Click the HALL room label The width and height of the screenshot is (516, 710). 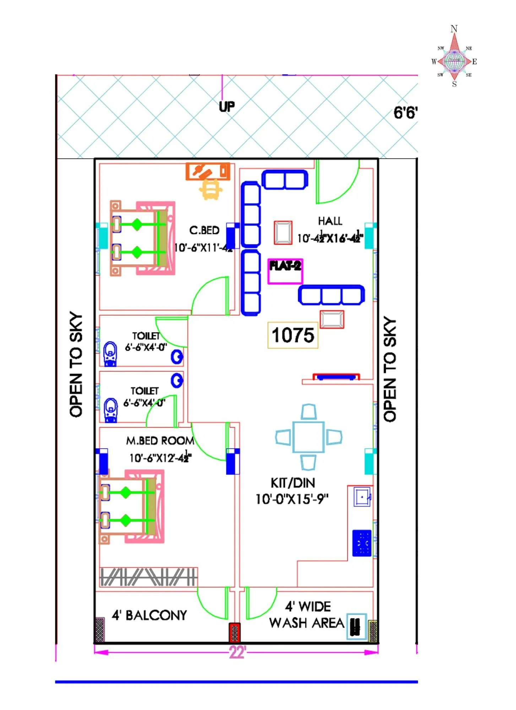tap(330, 221)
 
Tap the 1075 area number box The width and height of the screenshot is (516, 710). tap(293, 335)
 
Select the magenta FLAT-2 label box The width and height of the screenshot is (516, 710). tap(285, 271)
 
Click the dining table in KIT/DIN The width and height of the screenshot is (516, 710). tap(308, 437)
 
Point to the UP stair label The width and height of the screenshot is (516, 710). tap(227, 106)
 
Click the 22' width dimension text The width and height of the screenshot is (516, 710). tap(237, 652)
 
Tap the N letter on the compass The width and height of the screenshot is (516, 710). tap(454, 29)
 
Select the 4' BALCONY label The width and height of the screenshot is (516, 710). tap(149, 615)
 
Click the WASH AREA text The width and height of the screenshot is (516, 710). tap(306, 623)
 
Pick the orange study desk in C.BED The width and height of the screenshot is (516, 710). tap(208, 172)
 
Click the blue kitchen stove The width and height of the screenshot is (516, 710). tap(362, 543)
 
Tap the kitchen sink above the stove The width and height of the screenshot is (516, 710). tap(362, 497)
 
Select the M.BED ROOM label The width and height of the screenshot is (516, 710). tap(160, 441)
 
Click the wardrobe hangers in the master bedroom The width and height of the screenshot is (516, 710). tap(148, 577)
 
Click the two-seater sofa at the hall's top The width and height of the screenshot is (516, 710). tap(284, 180)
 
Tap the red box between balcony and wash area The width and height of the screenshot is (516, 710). tap(234, 633)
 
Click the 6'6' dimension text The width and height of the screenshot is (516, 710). tap(405, 113)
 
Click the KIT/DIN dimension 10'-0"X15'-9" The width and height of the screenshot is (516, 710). tap(292, 499)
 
